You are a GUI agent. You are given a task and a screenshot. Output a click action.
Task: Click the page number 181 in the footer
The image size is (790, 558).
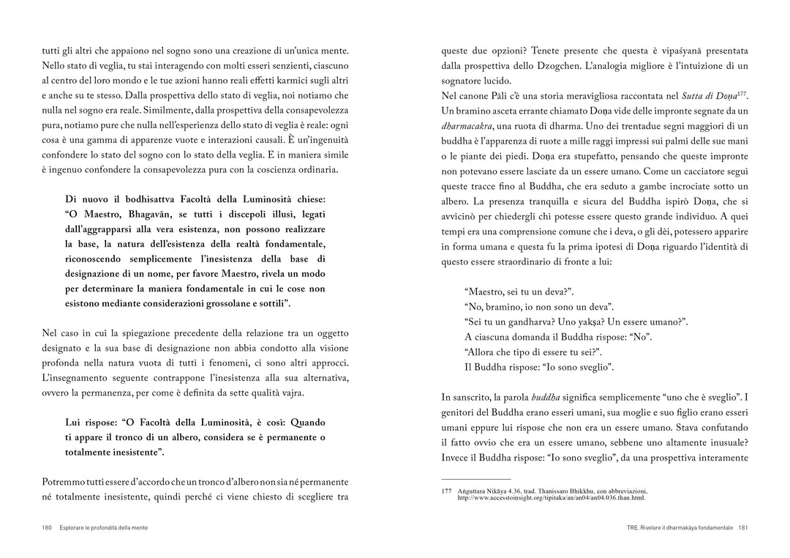tap(742, 528)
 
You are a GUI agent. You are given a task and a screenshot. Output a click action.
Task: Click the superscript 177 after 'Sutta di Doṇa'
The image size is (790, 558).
tap(743, 93)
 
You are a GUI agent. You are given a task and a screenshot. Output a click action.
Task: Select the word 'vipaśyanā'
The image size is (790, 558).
tap(664, 51)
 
